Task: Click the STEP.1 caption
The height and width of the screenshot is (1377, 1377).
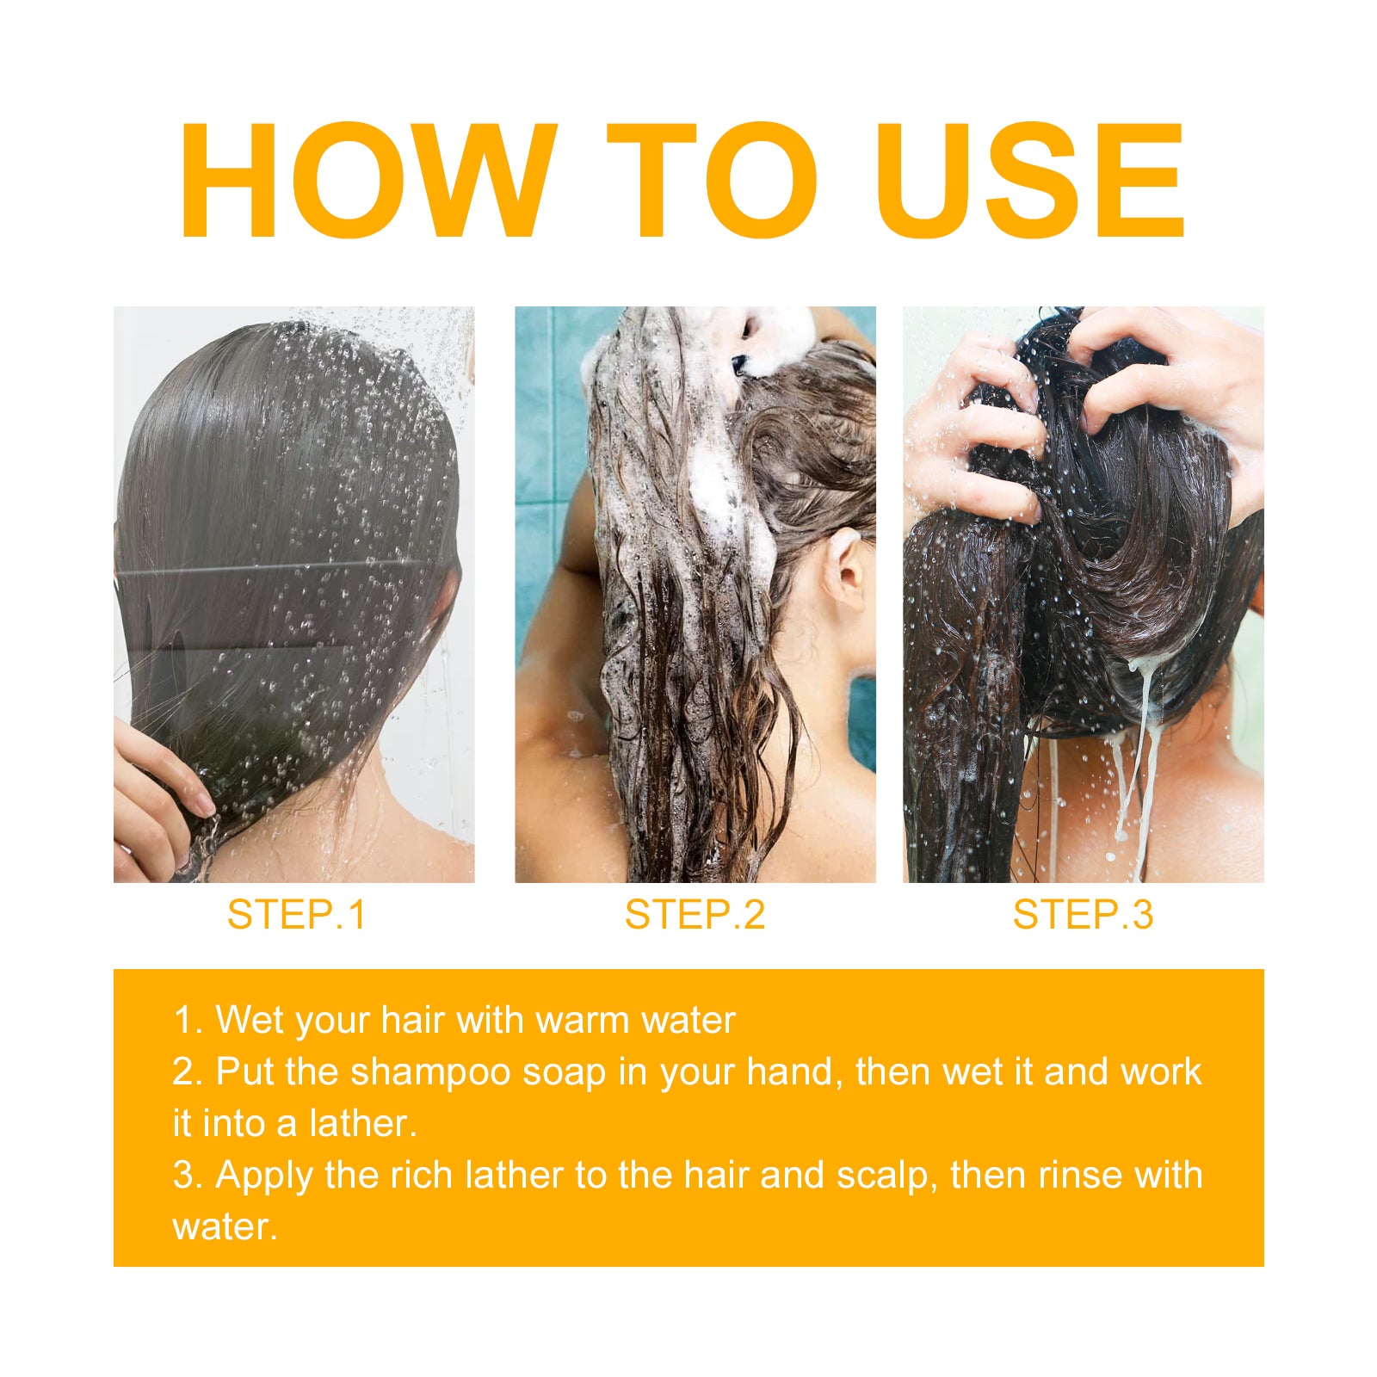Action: tap(296, 914)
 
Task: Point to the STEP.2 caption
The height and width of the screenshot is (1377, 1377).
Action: tap(695, 914)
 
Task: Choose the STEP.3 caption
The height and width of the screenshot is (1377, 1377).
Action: tap(1083, 914)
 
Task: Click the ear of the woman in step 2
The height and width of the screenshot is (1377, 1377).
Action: tap(843, 571)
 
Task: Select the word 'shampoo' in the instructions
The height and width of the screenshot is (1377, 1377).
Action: tap(430, 1072)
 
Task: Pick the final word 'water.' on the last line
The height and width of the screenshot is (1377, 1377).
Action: tap(225, 1227)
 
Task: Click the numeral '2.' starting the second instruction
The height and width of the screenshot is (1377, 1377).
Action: tap(188, 1072)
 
